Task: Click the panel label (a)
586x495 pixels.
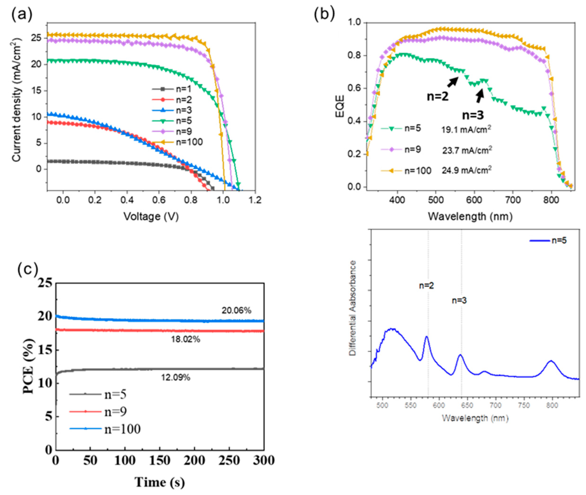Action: coord(22,15)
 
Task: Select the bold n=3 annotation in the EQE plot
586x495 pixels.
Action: coord(473,115)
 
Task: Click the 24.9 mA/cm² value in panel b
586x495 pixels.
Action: coord(467,170)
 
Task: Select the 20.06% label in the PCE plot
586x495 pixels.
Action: coord(236,311)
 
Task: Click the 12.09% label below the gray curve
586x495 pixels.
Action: coord(175,378)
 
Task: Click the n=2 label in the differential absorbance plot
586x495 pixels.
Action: coord(426,286)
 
